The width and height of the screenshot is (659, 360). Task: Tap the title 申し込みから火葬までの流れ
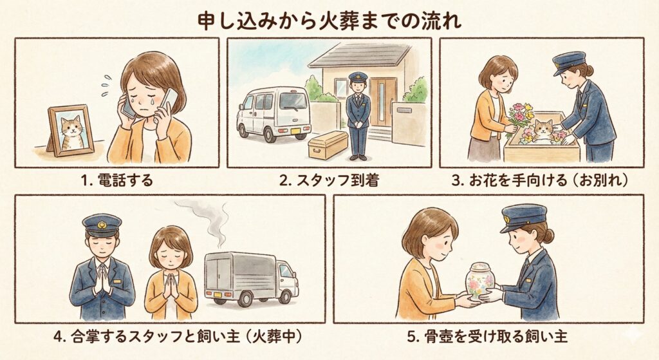(329, 21)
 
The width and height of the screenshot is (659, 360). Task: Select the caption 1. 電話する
(117, 180)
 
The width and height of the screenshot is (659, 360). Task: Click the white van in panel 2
(274, 114)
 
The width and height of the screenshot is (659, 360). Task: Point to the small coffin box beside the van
(328, 145)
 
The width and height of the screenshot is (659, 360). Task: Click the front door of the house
(383, 102)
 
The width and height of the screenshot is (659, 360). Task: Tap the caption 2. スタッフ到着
(329, 180)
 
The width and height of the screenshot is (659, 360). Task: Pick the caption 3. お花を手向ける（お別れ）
(541, 180)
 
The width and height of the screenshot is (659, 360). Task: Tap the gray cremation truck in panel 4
(252, 278)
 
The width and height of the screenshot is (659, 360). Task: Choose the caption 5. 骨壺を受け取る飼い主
(488, 337)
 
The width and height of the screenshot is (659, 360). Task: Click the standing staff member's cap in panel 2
(358, 77)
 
